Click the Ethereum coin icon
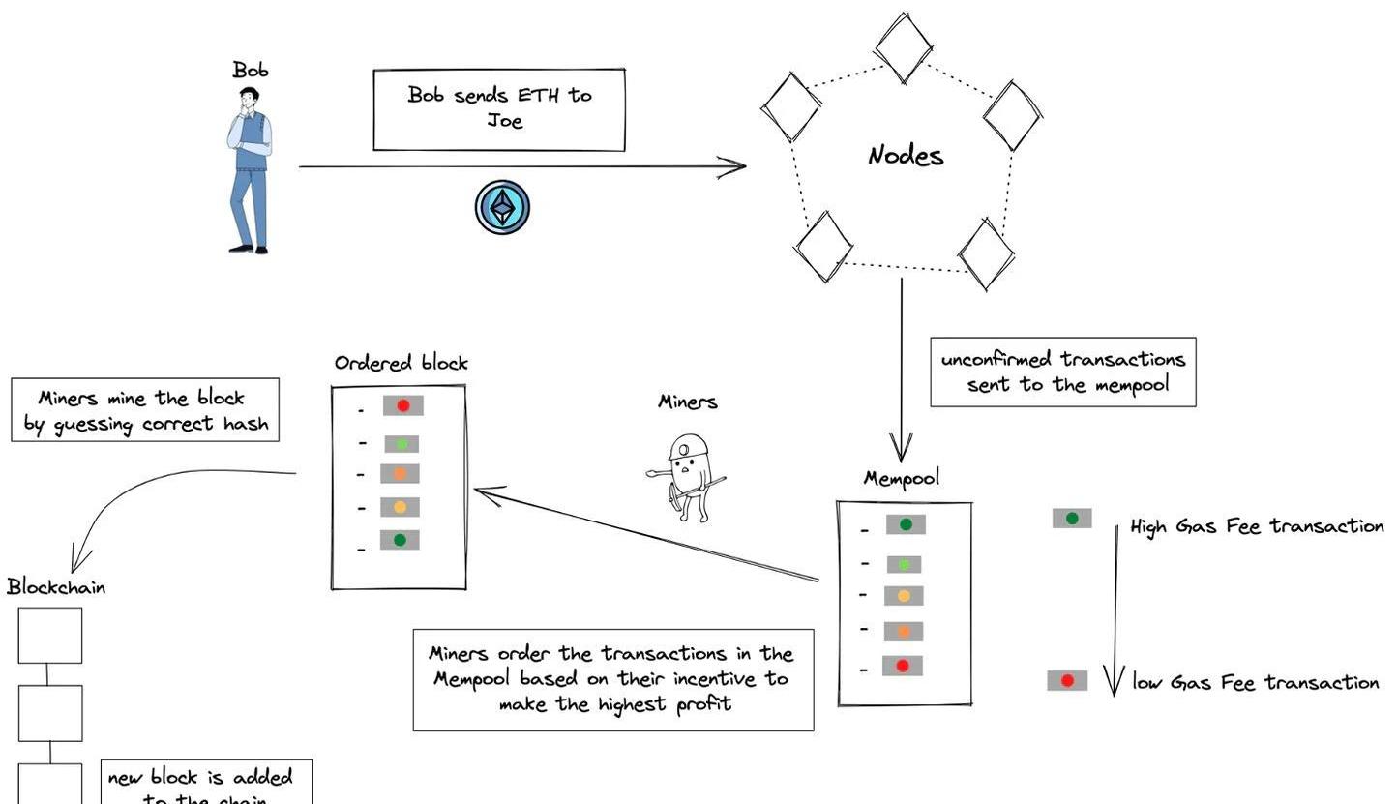click(502, 207)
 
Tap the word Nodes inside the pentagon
click(905, 155)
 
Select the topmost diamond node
click(903, 45)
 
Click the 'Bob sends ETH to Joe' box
click(499, 109)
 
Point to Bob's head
click(250, 98)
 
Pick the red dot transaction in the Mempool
click(903, 666)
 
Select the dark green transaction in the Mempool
click(906, 524)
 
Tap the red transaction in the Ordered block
click(402, 405)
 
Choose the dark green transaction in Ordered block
click(400, 539)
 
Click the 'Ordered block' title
click(401, 363)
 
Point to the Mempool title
click(901, 479)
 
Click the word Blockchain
click(56, 587)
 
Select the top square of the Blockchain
click(50, 636)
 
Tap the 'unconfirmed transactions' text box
click(1062, 372)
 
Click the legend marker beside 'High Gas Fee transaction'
click(1072, 519)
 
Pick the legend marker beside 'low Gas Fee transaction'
click(1067, 681)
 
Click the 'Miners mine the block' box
click(145, 410)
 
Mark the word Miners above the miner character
click(688, 402)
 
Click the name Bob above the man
click(250, 70)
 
